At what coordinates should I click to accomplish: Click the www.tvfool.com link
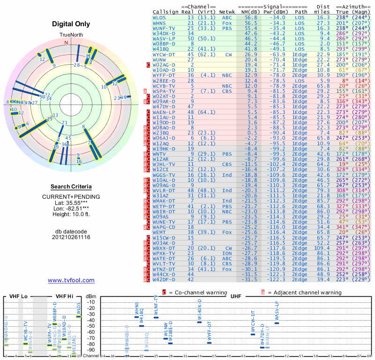click(71, 280)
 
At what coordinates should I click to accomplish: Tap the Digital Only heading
click(71, 24)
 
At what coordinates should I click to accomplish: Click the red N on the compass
click(66, 43)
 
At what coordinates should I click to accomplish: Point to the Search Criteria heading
click(71, 187)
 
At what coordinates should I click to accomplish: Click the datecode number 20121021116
click(71, 237)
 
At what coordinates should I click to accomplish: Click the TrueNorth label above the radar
click(71, 36)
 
